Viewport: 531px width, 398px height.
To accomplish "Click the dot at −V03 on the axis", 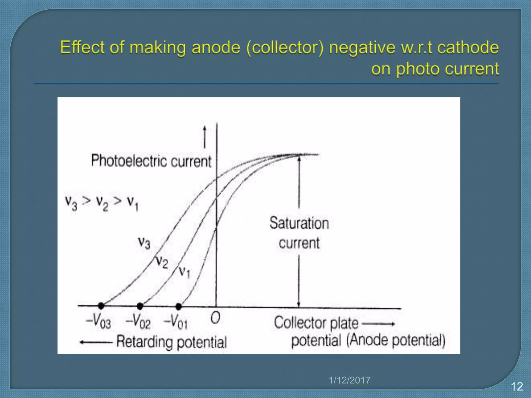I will (101, 306).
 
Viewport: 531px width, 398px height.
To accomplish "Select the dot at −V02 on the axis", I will (140, 306).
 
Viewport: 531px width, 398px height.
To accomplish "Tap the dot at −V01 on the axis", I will (178, 307).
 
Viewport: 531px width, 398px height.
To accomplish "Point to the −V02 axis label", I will (138, 323).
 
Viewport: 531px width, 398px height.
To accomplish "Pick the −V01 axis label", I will (176, 323).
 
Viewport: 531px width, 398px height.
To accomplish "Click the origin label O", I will (215, 318).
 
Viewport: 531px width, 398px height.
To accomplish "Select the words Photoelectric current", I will (151, 161).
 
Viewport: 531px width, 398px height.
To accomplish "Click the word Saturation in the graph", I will (299, 223).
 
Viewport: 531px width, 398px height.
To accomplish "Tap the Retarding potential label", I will (171, 342).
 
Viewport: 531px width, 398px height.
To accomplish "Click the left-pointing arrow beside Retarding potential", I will (95, 342).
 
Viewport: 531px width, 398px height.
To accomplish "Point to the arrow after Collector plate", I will (379, 324).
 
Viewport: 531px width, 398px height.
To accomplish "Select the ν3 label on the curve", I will (144, 243).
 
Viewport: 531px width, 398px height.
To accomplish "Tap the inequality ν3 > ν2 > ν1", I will (102, 203).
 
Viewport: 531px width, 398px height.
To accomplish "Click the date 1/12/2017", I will (350, 380).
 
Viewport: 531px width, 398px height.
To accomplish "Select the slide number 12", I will (517, 387).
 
